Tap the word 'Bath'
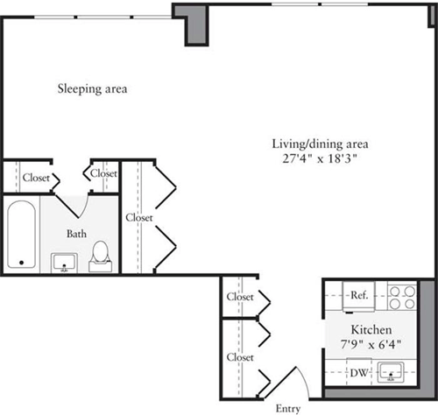point(76,234)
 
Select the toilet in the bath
point(102,253)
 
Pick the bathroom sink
point(64,262)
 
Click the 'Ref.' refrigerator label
point(358,295)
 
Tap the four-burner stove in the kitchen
point(402,297)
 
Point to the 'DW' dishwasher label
point(357,373)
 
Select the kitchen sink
point(392,374)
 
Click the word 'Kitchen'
point(370,330)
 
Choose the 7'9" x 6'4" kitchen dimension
point(370,344)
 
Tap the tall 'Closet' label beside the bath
point(139,217)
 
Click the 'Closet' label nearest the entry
point(240,357)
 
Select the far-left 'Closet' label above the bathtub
point(36,177)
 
